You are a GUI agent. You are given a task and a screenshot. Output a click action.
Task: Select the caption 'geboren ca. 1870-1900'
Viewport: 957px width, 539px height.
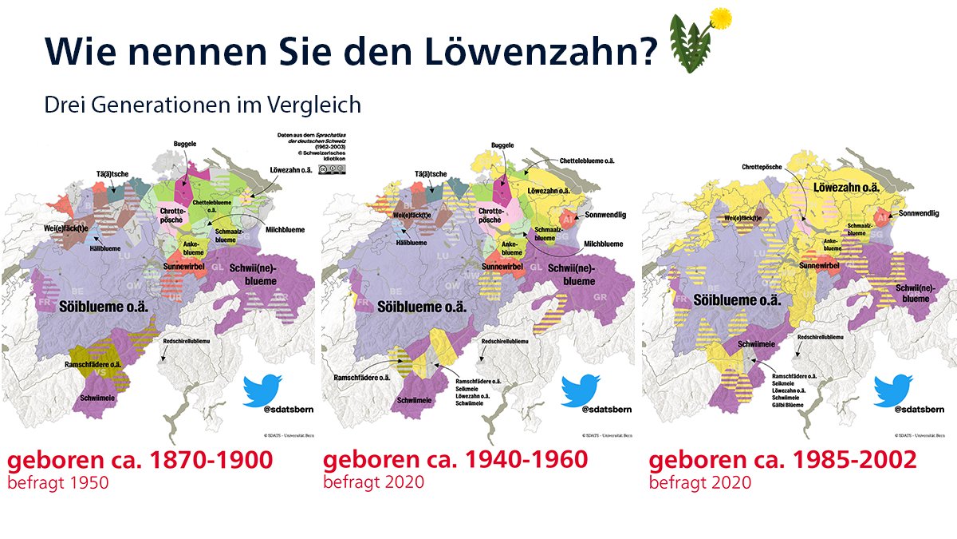(x=140, y=461)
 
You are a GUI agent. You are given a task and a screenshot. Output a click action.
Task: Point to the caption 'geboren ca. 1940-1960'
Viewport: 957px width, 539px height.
(x=455, y=461)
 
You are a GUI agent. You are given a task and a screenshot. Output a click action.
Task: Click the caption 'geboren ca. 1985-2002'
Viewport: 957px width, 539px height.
(x=782, y=461)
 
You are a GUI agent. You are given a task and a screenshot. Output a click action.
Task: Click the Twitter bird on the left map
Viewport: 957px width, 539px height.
(x=262, y=390)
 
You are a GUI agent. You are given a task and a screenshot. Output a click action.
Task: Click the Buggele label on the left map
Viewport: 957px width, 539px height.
(x=185, y=144)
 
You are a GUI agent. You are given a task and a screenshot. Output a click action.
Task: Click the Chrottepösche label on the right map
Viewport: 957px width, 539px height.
(x=760, y=168)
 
